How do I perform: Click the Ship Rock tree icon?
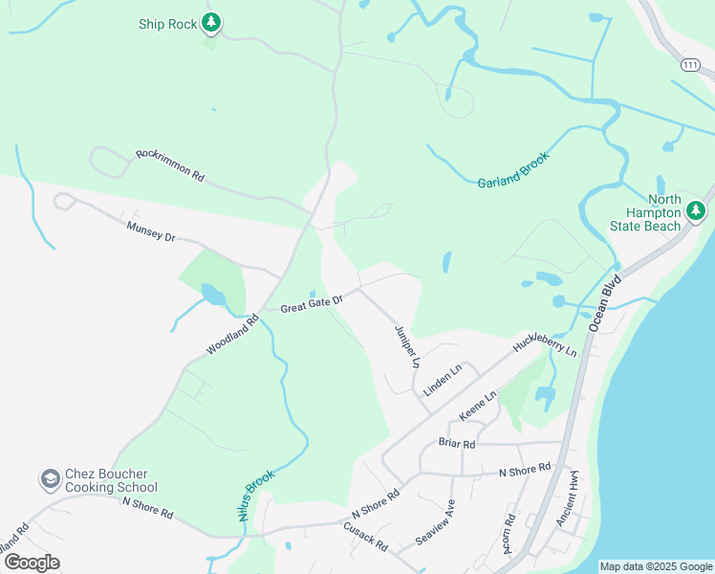pyautogui.click(x=211, y=21)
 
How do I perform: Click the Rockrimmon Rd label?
pyautogui.click(x=170, y=164)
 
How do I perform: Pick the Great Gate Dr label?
pyautogui.click(x=312, y=302)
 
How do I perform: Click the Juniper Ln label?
pyautogui.click(x=407, y=346)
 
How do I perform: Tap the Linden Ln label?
pyautogui.click(x=443, y=381)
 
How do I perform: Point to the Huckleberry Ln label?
pyautogui.click(x=546, y=346)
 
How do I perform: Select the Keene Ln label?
pyautogui.click(x=478, y=406)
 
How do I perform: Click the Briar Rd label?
pyautogui.click(x=457, y=444)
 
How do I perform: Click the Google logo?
pyautogui.click(x=31, y=563)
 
